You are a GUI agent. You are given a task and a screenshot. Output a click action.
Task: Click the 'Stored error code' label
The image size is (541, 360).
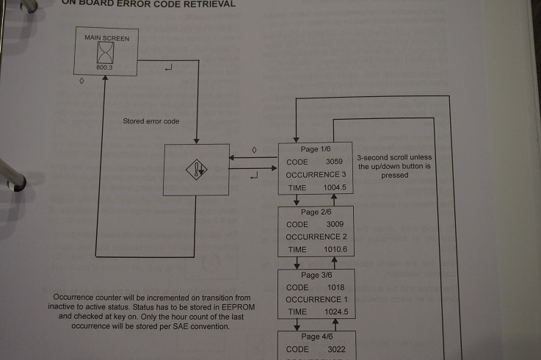pyautogui.click(x=151, y=121)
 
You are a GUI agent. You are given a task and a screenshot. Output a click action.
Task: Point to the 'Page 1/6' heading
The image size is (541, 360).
pyautogui.click(x=316, y=149)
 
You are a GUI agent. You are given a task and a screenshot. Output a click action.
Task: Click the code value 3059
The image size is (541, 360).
pyautogui.click(x=333, y=162)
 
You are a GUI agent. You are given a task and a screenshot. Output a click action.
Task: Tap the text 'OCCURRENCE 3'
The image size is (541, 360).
pyautogui.click(x=316, y=175)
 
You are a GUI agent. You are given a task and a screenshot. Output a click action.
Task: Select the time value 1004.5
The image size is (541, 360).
pyautogui.click(x=334, y=188)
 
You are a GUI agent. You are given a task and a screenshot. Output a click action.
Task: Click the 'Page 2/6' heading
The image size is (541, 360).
pyautogui.click(x=316, y=212)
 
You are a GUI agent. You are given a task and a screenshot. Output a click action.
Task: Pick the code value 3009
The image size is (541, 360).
pyautogui.click(x=333, y=224)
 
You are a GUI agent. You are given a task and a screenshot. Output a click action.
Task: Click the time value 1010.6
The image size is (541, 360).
pyautogui.click(x=334, y=250)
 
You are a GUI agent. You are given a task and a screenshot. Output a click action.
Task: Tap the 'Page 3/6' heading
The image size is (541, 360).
pyautogui.click(x=316, y=275)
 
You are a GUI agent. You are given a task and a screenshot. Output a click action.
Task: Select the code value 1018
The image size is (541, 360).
pyautogui.click(x=333, y=287)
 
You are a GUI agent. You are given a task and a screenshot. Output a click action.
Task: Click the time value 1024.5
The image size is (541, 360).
pyautogui.click(x=334, y=312)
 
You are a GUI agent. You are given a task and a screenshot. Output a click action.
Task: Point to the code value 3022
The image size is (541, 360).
pyautogui.click(x=333, y=349)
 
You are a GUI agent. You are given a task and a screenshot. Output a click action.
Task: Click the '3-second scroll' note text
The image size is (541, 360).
pyautogui.click(x=394, y=157)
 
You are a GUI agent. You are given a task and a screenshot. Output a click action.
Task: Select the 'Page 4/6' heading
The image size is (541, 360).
pyautogui.click(x=316, y=336)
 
